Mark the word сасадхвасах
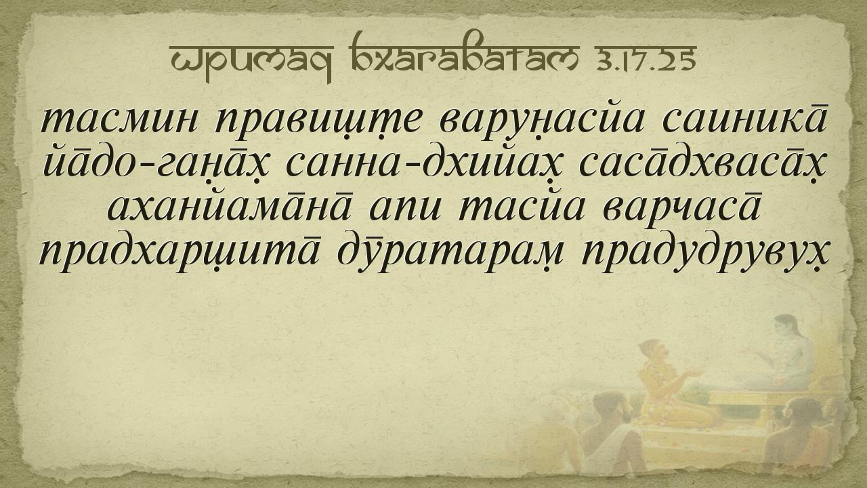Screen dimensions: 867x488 pyautogui.click(x=702, y=165)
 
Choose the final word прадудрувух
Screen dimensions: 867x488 pyautogui.click(x=704, y=251)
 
